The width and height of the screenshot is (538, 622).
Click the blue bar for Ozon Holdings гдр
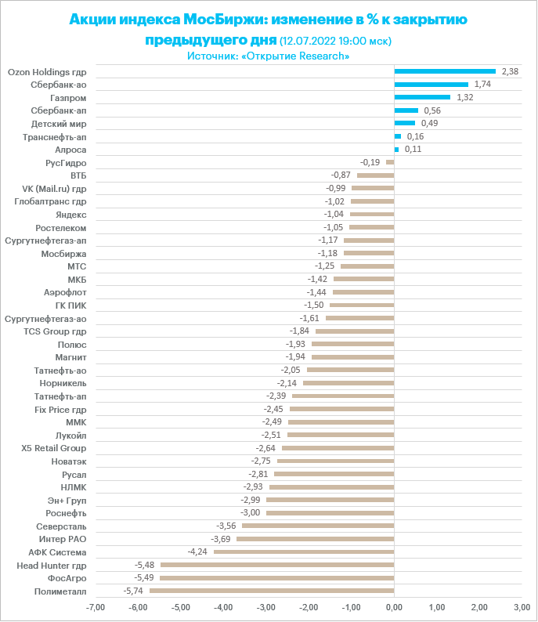(x=445, y=71)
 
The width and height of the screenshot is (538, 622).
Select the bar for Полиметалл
(x=272, y=591)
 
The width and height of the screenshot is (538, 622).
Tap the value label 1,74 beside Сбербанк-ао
(x=482, y=84)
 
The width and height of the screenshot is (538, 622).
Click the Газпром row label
(x=68, y=97)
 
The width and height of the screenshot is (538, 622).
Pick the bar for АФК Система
(x=304, y=551)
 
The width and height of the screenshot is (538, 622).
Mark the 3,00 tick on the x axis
(x=521, y=607)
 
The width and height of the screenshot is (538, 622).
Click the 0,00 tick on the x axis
(x=394, y=607)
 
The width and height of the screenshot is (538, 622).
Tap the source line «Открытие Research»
(x=269, y=56)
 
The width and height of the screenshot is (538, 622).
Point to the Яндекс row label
(x=71, y=214)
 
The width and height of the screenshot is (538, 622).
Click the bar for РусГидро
(x=390, y=162)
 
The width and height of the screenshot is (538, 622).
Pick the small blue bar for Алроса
(x=396, y=149)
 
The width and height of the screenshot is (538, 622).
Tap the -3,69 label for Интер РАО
(x=222, y=539)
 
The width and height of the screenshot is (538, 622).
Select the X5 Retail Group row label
(x=54, y=448)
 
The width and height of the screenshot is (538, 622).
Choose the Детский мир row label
(x=59, y=123)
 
